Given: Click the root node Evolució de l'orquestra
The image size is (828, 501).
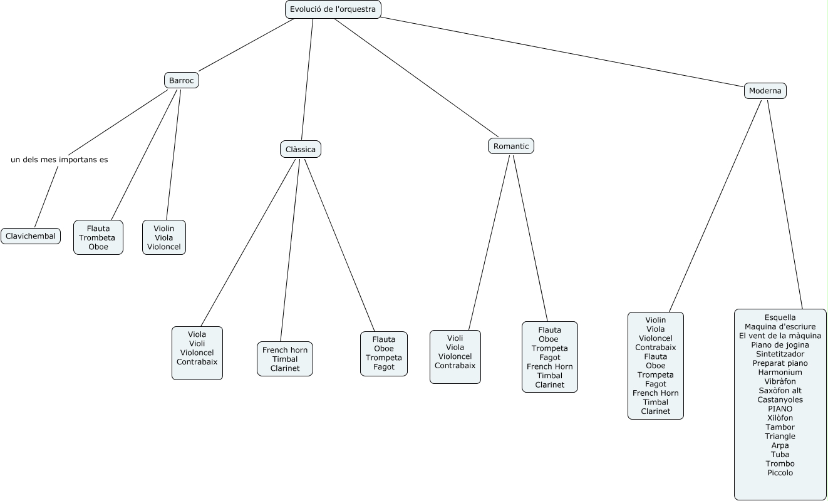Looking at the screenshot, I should (333, 9).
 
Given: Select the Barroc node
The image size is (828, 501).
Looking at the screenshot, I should (182, 80).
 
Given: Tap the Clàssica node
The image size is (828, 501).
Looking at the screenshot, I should (300, 149).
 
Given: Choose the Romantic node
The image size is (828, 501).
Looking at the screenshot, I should (511, 146).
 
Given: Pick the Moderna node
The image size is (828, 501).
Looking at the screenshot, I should (765, 91).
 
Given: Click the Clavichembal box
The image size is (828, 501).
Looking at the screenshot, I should (31, 236).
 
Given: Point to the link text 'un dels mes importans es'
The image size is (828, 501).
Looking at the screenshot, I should (60, 160).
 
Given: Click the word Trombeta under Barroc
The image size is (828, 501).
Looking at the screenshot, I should (97, 238).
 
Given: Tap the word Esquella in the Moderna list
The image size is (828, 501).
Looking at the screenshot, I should (780, 318).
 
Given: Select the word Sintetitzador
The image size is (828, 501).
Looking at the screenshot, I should (780, 354).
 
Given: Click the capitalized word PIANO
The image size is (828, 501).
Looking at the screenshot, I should (780, 409).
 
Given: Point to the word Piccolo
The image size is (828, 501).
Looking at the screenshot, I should (780, 473).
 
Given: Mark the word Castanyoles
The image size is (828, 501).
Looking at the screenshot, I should (780, 400).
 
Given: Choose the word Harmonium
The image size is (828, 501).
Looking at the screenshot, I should (780, 372).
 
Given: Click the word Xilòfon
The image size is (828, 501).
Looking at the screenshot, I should (780, 418).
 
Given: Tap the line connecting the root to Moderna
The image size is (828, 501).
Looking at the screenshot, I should (564, 51).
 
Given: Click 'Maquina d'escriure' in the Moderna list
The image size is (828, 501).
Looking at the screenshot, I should (780, 326).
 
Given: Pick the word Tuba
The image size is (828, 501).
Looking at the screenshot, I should (780, 455).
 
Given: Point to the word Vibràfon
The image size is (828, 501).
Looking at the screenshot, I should (780, 381).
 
